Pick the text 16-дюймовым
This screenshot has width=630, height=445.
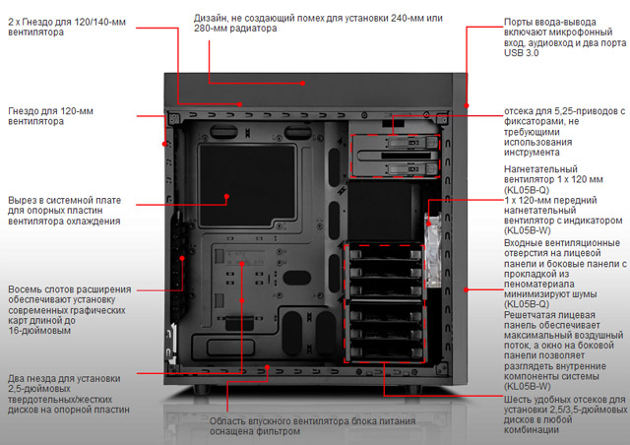click(39, 333)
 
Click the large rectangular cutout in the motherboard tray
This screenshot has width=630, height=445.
click(246, 181)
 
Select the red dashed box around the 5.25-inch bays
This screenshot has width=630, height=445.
click(394, 155)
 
